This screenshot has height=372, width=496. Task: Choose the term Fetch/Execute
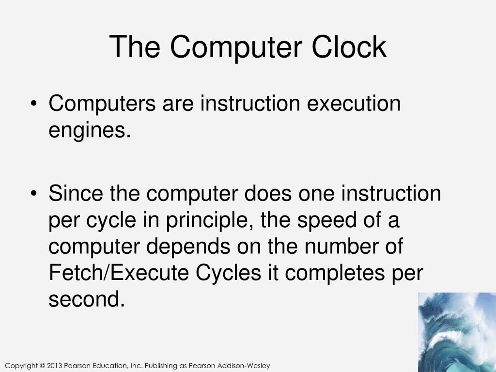[x=119, y=273]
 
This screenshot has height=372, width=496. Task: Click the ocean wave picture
[x=457, y=332]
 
